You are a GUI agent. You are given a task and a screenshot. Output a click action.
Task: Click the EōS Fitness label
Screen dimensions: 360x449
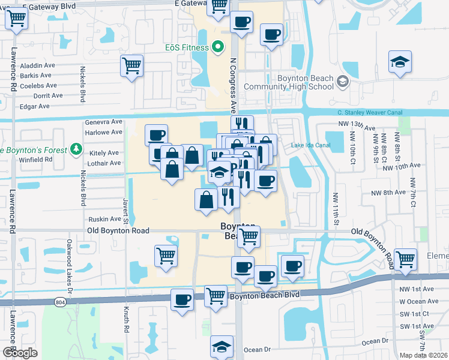[187, 47]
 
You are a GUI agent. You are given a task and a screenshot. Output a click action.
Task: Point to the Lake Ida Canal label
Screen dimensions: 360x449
[310, 145]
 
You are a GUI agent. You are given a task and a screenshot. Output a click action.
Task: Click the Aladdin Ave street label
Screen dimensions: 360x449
[37, 65]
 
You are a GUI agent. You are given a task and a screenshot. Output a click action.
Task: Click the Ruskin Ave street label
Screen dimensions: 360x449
[105, 220]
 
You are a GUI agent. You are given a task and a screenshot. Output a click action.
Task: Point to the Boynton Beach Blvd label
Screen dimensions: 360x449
[263, 295]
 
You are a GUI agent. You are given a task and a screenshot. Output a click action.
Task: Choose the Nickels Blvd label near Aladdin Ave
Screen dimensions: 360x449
[82, 83]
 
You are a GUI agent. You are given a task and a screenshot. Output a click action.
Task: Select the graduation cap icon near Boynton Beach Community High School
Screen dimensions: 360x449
[400, 62]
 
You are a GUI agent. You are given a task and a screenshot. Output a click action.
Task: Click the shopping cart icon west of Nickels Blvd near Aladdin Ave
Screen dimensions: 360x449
[131, 65]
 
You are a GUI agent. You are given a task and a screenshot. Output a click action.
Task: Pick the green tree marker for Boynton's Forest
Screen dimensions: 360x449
[76, 148]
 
